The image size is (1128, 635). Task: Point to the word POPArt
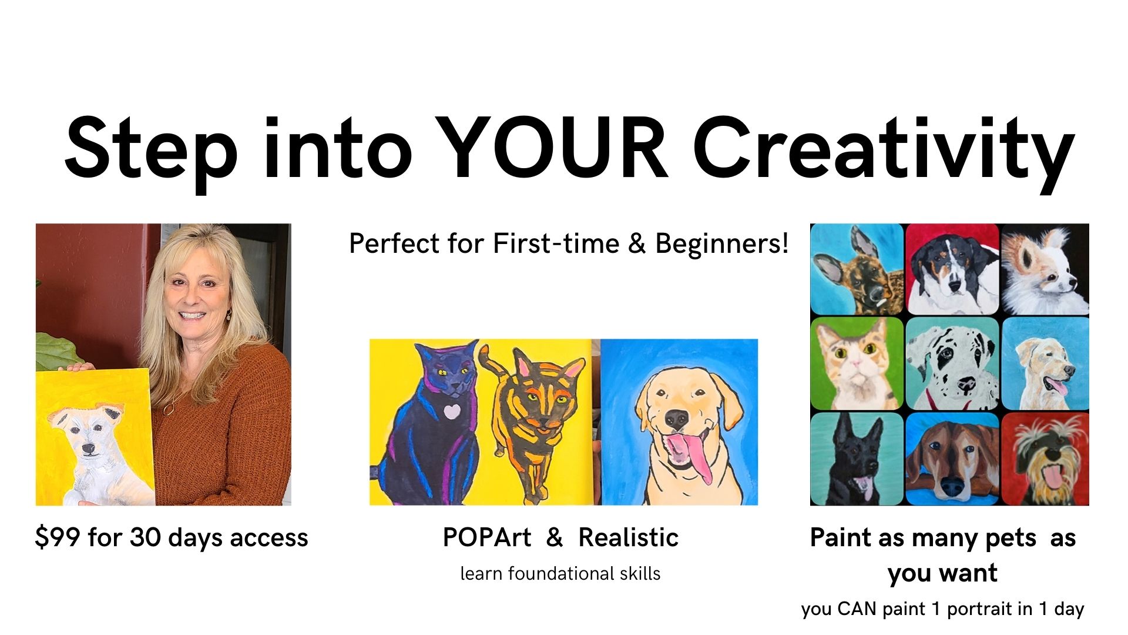pyautogui.click(x=486, y=537)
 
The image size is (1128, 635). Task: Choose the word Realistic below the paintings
pyautogui.click(x=629, y=537)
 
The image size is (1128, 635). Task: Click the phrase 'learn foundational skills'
pyautogui.click(x=560, y=573)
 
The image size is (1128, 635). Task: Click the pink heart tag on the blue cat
pyautogui.click(x=451, y=411)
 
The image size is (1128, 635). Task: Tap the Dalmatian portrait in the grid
pyautogui.click(x=952, y=363)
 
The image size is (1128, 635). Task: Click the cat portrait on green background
pyautogui.click(x=857, y=363)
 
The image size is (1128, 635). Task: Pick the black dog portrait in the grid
pyautogui.click(x=857, y=459)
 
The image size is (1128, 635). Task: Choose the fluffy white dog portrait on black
pyautogui.click(x=1045, y=269)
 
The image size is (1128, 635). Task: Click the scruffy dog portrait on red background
pyautogui.click(x=1045, y=459)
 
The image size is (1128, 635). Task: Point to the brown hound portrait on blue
pyautogui.click(x=952, y=459)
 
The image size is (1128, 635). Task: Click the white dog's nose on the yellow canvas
pyautogui.click(x=88, y=449)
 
